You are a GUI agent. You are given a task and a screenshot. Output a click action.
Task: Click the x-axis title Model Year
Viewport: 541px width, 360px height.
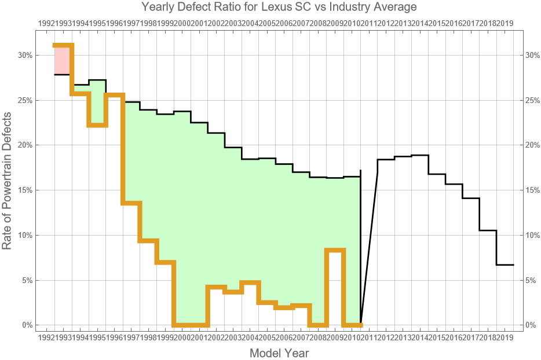[279, 352]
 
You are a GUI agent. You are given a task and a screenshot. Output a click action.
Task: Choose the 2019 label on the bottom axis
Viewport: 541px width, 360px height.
[504, 337]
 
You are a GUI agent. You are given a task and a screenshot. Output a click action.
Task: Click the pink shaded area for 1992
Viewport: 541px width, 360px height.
[63, 60]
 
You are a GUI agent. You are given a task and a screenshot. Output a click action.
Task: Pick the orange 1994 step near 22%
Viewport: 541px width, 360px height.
[97, 125]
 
